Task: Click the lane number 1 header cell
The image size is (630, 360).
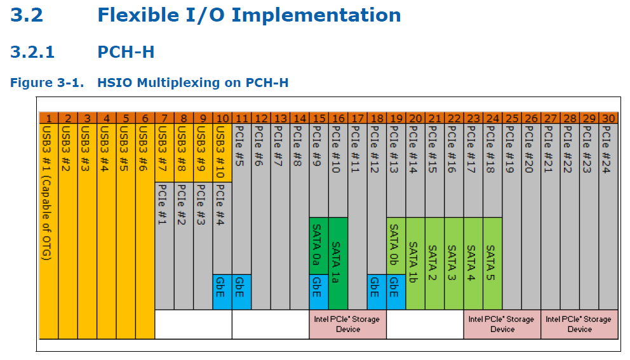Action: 49,118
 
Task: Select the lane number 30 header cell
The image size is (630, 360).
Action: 608,118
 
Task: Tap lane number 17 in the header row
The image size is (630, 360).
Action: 358,118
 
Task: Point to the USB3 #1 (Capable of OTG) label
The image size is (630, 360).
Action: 47,193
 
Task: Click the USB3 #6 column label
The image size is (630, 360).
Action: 143,149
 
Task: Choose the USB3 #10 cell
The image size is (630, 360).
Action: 222,152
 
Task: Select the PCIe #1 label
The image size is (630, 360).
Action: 163,204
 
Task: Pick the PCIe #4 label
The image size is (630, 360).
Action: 220,204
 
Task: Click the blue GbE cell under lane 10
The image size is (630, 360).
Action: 222,292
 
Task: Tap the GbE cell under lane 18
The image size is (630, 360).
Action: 377,292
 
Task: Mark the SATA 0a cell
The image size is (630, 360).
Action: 319,246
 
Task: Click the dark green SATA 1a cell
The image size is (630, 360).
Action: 338,263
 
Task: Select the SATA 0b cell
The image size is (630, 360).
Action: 396,246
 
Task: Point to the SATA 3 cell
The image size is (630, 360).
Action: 454,263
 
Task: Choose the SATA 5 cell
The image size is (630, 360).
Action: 493,263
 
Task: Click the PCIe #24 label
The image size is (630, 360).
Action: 607,149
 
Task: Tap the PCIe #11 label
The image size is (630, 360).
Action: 355,149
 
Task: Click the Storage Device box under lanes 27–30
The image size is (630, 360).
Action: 579,324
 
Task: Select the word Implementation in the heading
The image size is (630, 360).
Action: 316,15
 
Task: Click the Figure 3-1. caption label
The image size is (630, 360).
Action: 47,83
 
